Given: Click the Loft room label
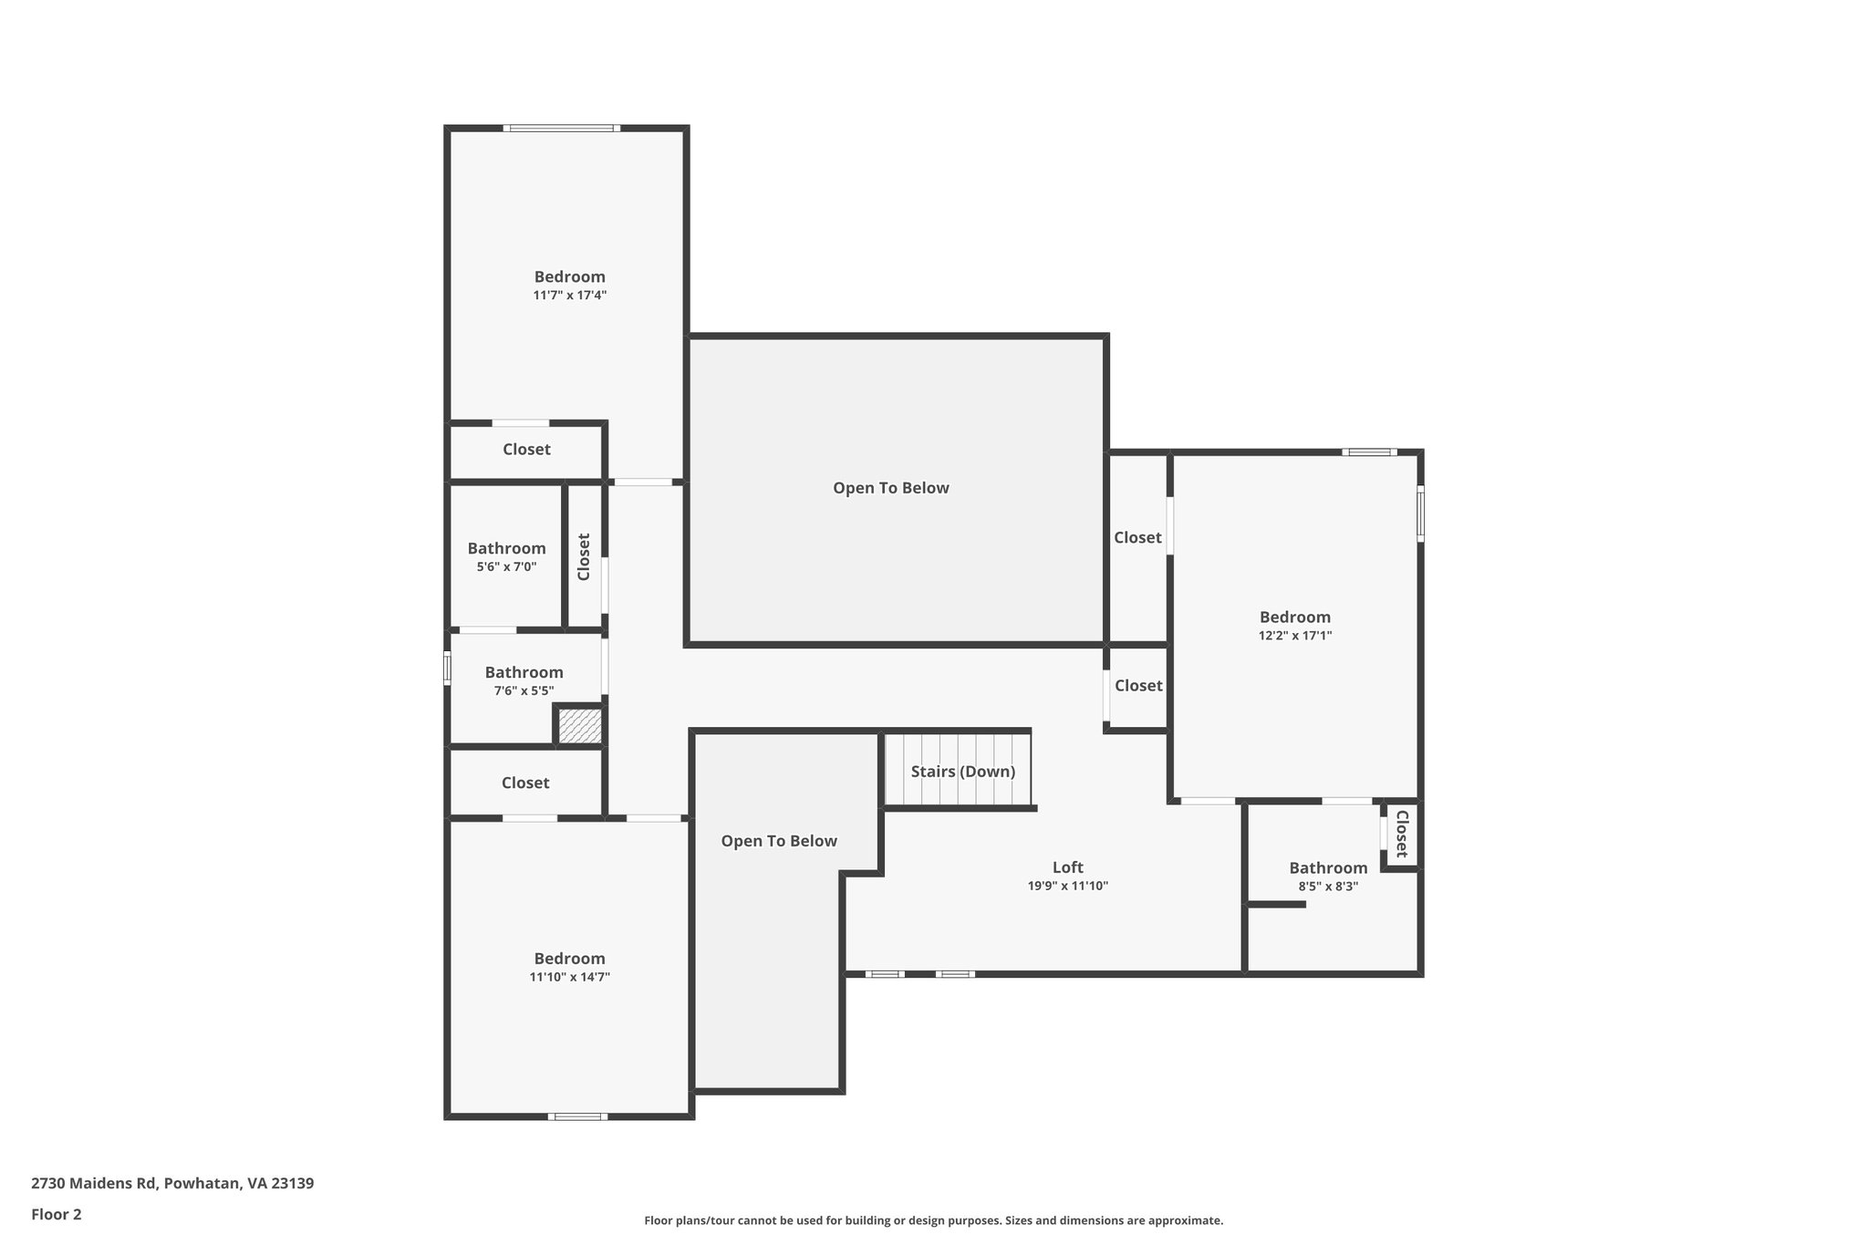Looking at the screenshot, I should click(1067, 867).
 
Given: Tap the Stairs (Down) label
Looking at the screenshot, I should click(962, 772).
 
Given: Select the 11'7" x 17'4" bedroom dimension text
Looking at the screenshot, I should click(569, 296).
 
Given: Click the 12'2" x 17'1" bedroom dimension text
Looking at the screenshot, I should click(1294, 636).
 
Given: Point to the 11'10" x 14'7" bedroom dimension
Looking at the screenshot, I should click(569, 977).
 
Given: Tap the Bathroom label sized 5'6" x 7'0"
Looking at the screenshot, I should click(506, 548).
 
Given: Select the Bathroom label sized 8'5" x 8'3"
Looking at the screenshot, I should click(1327, 867).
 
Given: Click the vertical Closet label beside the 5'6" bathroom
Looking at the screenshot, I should click(584, 556).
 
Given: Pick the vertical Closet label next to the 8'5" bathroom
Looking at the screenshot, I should click(1402, 834).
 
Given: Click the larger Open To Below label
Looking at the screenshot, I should click(890, 488).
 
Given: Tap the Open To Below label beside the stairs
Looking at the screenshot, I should click(778, 841).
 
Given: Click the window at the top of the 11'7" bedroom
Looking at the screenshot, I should click(561, 129).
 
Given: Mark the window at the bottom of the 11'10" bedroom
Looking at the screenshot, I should click(577, 1116).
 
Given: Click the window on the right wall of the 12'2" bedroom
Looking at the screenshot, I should click(1420, 514).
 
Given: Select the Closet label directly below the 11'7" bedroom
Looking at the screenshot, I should click(526, 450).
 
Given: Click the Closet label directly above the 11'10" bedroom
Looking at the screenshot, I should click(524, 783).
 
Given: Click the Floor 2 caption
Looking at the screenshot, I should click(57, 1214).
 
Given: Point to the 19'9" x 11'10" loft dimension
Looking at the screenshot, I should click(1067, 886).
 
